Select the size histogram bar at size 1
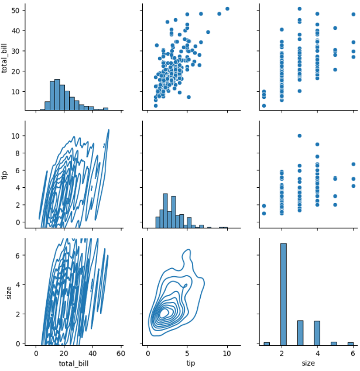coord(266,343)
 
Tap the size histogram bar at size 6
coord(351,343)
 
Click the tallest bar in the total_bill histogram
coord(57,95)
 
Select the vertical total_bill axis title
coord(6,57)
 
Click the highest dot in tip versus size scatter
coord(300,136)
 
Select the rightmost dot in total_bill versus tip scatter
coord(227,9)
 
